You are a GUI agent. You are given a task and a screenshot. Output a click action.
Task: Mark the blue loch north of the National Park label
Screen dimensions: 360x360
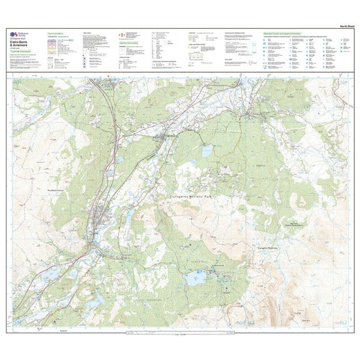click(207, 152)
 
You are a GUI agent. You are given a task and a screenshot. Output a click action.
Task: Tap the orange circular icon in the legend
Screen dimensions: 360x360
click(120, 33)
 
